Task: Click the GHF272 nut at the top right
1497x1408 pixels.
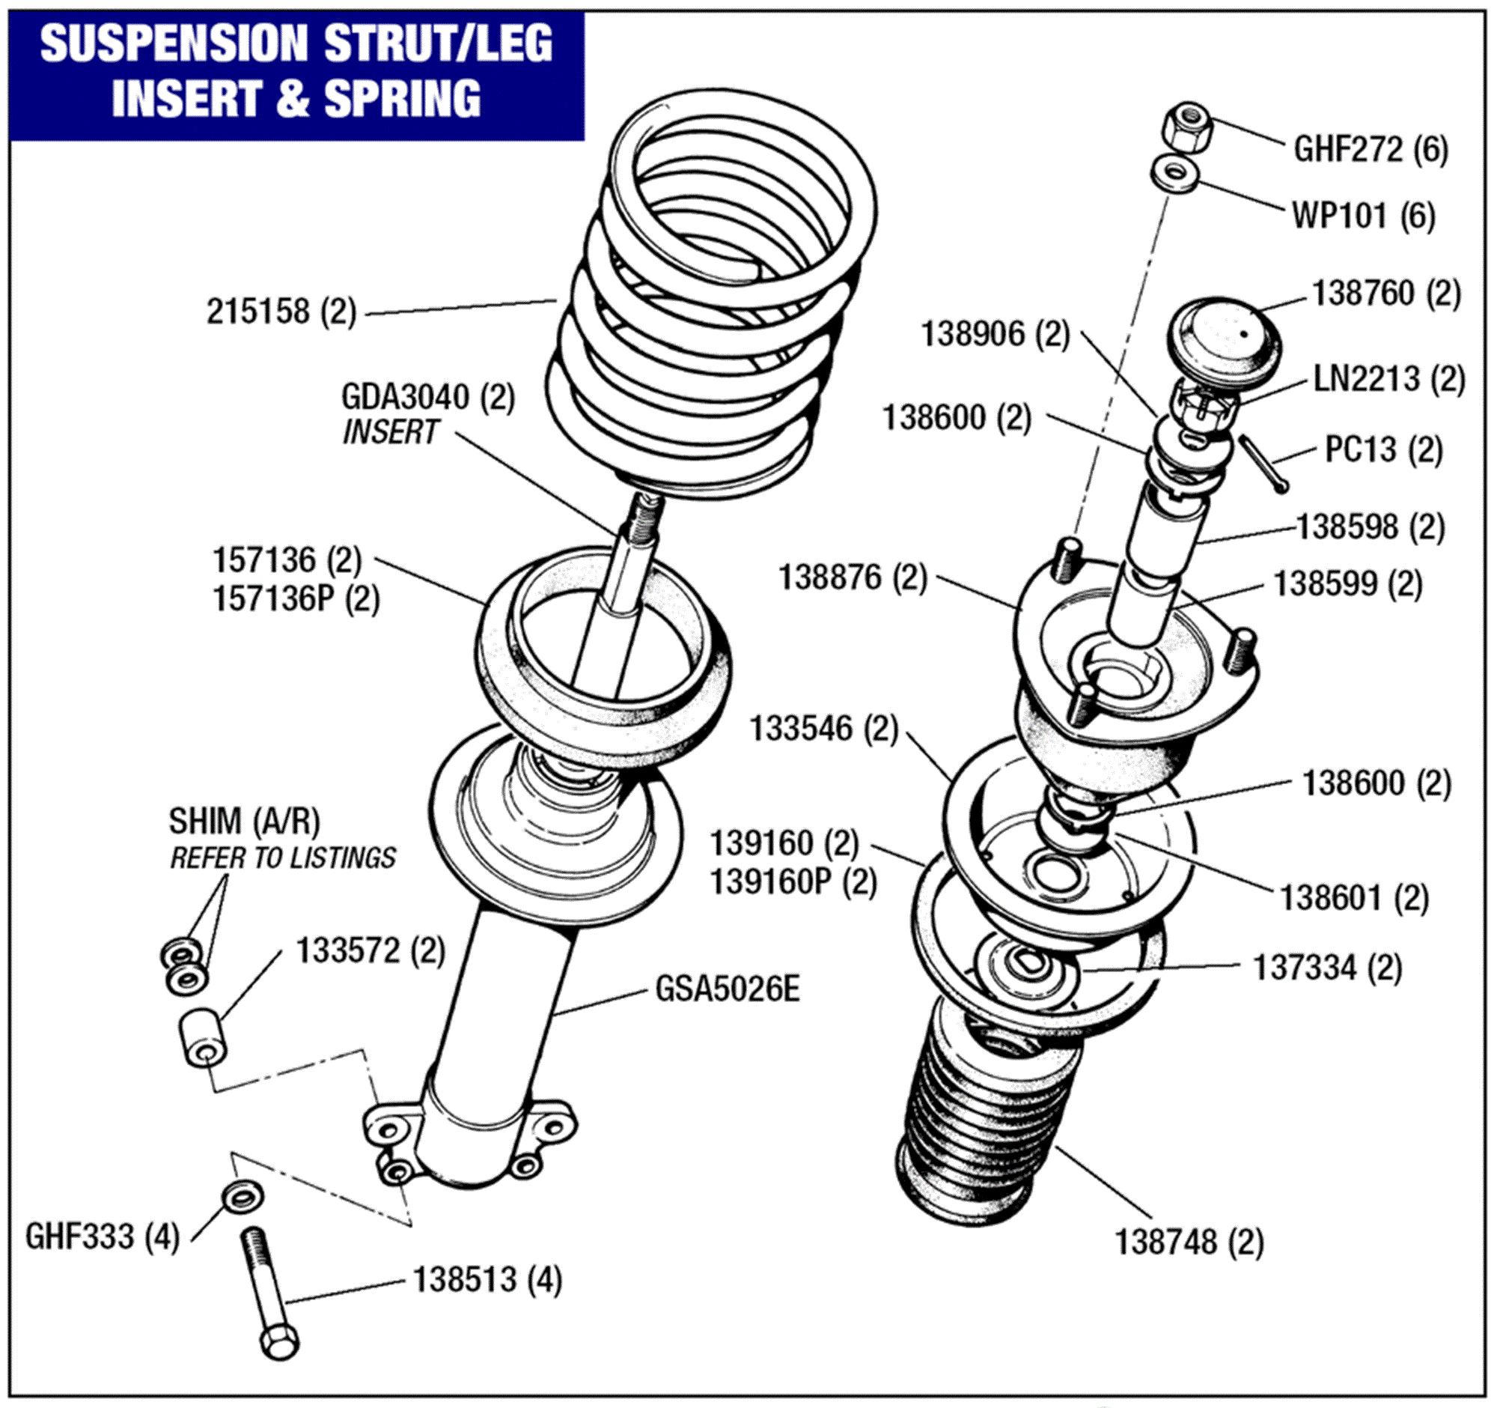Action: tap(1189, 128)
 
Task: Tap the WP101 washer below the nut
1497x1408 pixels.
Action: tap(1175, 174)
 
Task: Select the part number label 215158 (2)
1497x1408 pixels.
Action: tap(281, 311)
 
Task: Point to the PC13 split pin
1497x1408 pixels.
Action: tap(1262, 464)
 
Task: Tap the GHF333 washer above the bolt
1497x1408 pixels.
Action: tap(243, 1195)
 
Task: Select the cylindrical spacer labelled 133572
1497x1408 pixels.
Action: tap(203, 1038)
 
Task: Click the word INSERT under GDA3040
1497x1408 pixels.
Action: tap(389, 432)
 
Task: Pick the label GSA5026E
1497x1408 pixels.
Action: tap(727, 989)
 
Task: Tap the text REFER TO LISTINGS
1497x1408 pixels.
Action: tap(282, 858)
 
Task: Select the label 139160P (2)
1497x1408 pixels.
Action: tap(793, 881)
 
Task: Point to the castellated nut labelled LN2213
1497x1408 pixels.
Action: tap(1204, 407)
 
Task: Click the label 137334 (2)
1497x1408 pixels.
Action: tap(1326, 968)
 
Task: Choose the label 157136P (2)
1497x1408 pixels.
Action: tap(296, 599)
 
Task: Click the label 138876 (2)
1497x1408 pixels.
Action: tap(852, 578)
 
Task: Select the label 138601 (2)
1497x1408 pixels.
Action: tap(1354, 898)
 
